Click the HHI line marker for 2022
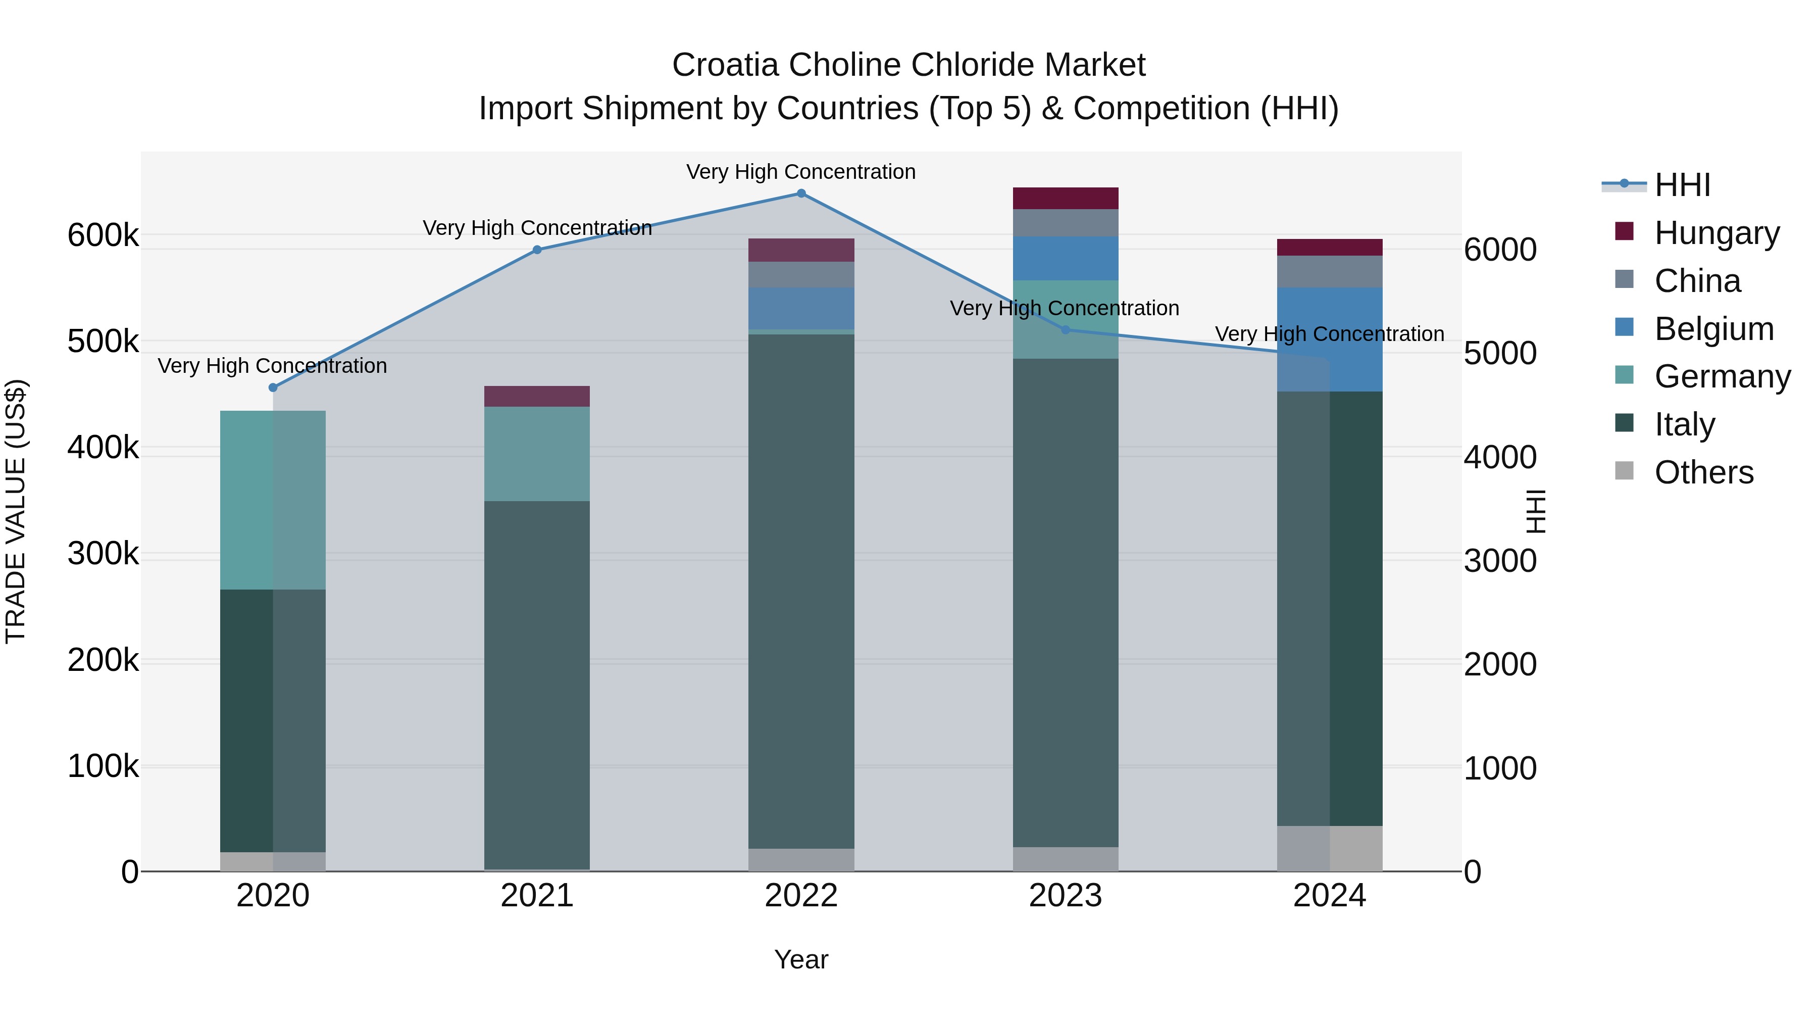point(801,193)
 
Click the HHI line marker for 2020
point(273,387)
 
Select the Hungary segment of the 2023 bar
point(1066,199)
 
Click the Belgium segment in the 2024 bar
point(1330,339)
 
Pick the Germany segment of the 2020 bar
point(273,500)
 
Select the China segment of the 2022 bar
point(801,275)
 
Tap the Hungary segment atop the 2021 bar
point(537,396)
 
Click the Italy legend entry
point(1685,424)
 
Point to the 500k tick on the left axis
point(103,342)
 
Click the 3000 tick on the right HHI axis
point(1500,561)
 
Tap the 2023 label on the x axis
point(1066,896)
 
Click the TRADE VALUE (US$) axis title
point(16,511)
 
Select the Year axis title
point(801,959)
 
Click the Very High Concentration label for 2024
point(1330,334)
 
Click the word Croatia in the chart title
point(726,65)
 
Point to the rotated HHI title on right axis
point(1536,511)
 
